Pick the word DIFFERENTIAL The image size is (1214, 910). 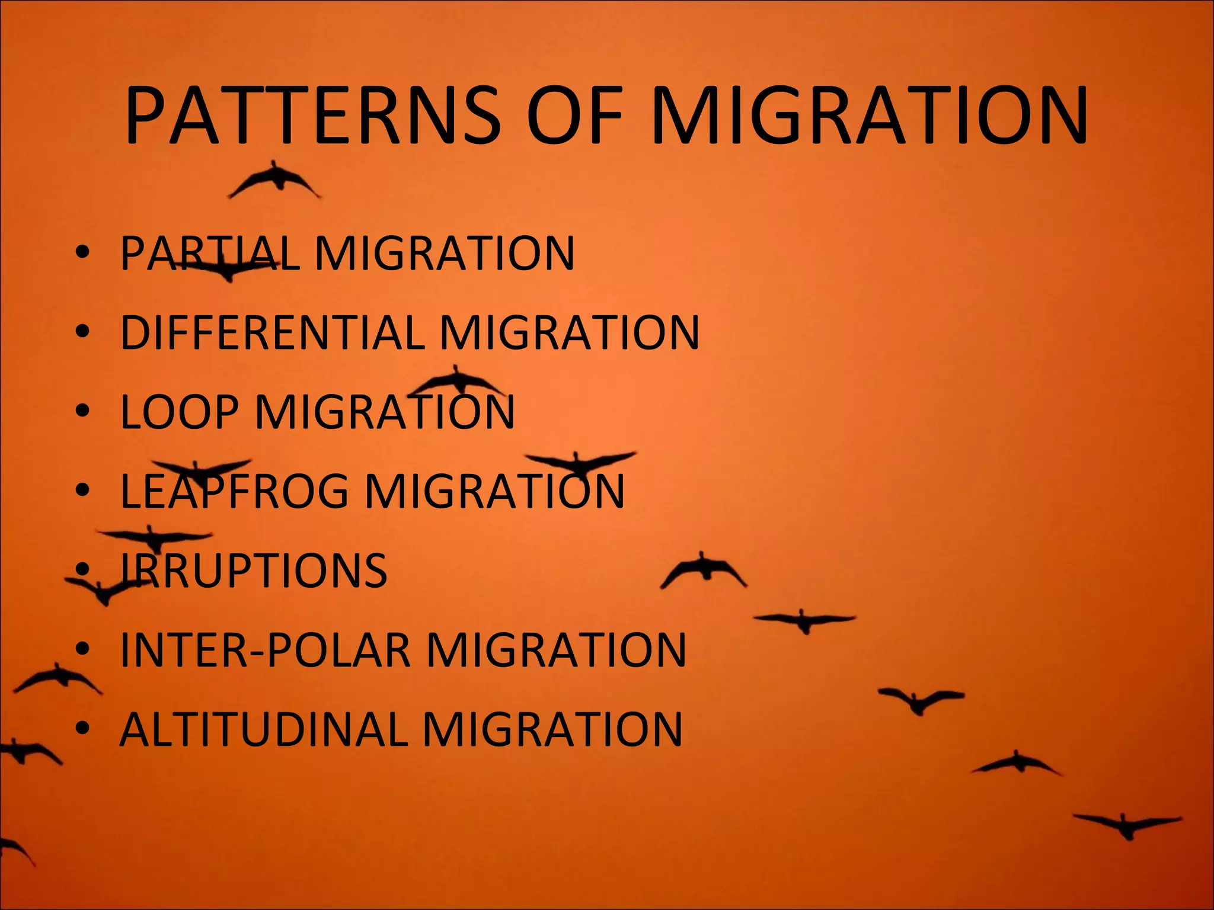tap(272, 332)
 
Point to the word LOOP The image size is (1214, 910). tap(180, 412)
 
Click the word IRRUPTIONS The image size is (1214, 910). tap(254, 570)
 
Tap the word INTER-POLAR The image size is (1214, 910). tap(265, 650)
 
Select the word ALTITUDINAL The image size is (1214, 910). tap(264, 729)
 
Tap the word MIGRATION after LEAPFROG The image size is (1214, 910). tap(494, 491)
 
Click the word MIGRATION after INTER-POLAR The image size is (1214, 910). tap(555, 650)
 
